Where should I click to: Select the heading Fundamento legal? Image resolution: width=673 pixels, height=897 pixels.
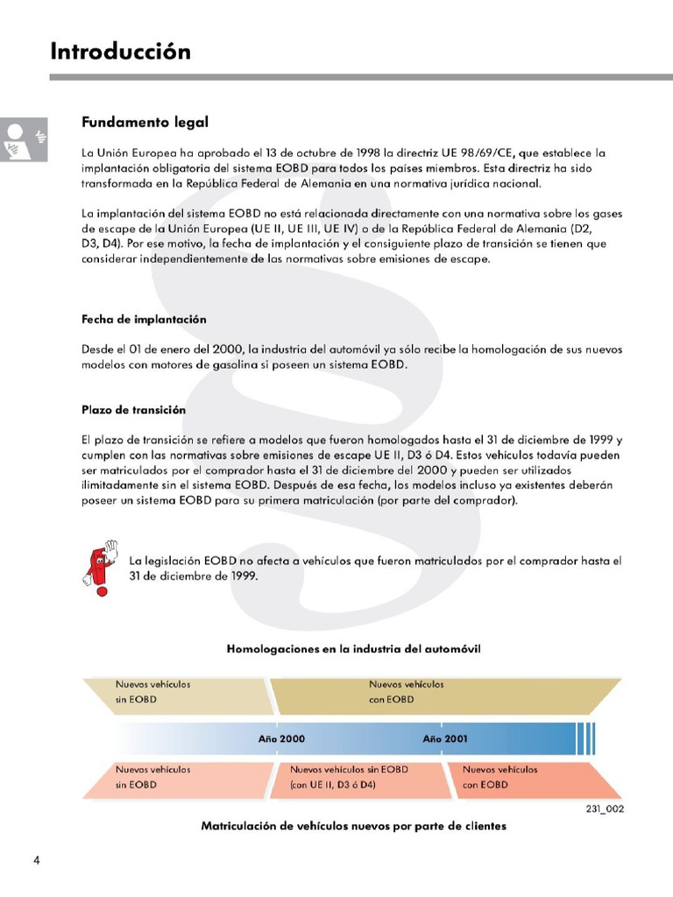[x=145, y=122]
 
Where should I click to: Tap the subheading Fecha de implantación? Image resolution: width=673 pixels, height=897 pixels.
[x=144, y=319]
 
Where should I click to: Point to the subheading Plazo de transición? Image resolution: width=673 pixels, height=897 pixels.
[x=133, y=409]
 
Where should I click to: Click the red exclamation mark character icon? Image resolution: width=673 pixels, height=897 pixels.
[x=99, y=569]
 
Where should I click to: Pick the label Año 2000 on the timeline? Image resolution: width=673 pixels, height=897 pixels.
[x=281, y=738]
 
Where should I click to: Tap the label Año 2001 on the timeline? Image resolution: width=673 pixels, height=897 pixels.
[x=445, y=738]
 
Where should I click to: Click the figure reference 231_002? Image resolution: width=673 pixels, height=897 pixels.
[x=605, y=809]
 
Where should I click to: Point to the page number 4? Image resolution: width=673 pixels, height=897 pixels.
[x=36, y=858]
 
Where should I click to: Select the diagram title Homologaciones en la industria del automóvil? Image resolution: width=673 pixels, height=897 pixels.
[x=353, y=648]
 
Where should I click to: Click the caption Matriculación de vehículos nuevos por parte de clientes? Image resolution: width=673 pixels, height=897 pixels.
[x=353, y=826]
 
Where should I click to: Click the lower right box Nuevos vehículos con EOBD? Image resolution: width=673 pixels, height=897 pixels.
[x=526, y=777]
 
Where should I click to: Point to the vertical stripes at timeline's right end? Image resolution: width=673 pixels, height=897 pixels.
[x=586, y=738]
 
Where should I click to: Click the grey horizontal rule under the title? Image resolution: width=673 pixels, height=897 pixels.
[x=360, y=77]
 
